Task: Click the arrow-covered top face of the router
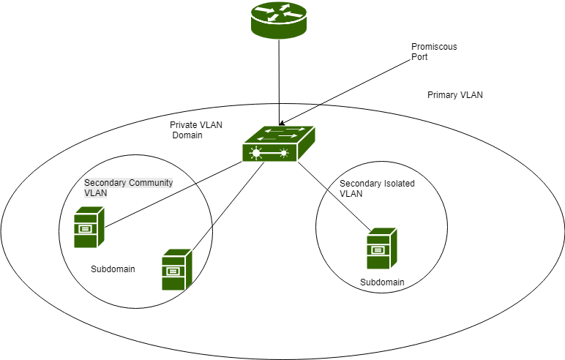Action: pyautogui.click(x=279, y=12)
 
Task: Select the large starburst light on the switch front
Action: pyautogui.click(x=256, y=153)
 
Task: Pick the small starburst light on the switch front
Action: pyautogui.click(x=284, y=153)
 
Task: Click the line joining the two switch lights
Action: pyautogui.click(x=271, y=153)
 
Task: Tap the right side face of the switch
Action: pyautogui.click(x=307, y=143)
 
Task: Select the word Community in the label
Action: pyautogui.click(x=150, y=183)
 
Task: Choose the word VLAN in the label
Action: pyautogui.click(x=95, y=193)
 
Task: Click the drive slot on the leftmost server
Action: pyautogui.click(x=85, y=228)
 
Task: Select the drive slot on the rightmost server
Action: pyautogui.click(x=378, y=250)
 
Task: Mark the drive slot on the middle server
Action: pyautogui.click(x=173, y=271)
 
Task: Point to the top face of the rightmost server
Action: pyautogui.click(x=383, y=230)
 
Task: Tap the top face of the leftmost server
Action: pyautogui.click(x=91, y=209)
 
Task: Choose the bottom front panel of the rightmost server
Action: pyautogui.click(x=378, y=262)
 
